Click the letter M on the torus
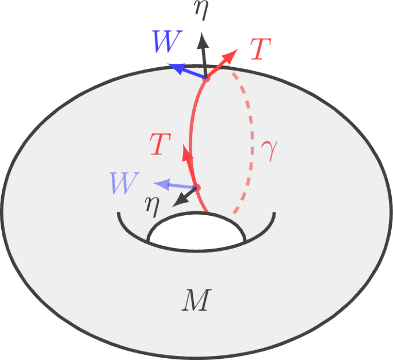pyautogui.click(x=197, y=300)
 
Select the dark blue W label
pyautogui.click(x=167, y=42)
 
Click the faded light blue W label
pyautogui.click(x=124, y=184)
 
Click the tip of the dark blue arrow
pyautogui.click(x=170, y=66)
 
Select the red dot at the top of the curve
pyautogui.click(x=207, y=79)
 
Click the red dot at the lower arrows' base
pyautogui.click(x=196, y=188)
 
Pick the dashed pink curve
pyautogui.click(x=250, y=144)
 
